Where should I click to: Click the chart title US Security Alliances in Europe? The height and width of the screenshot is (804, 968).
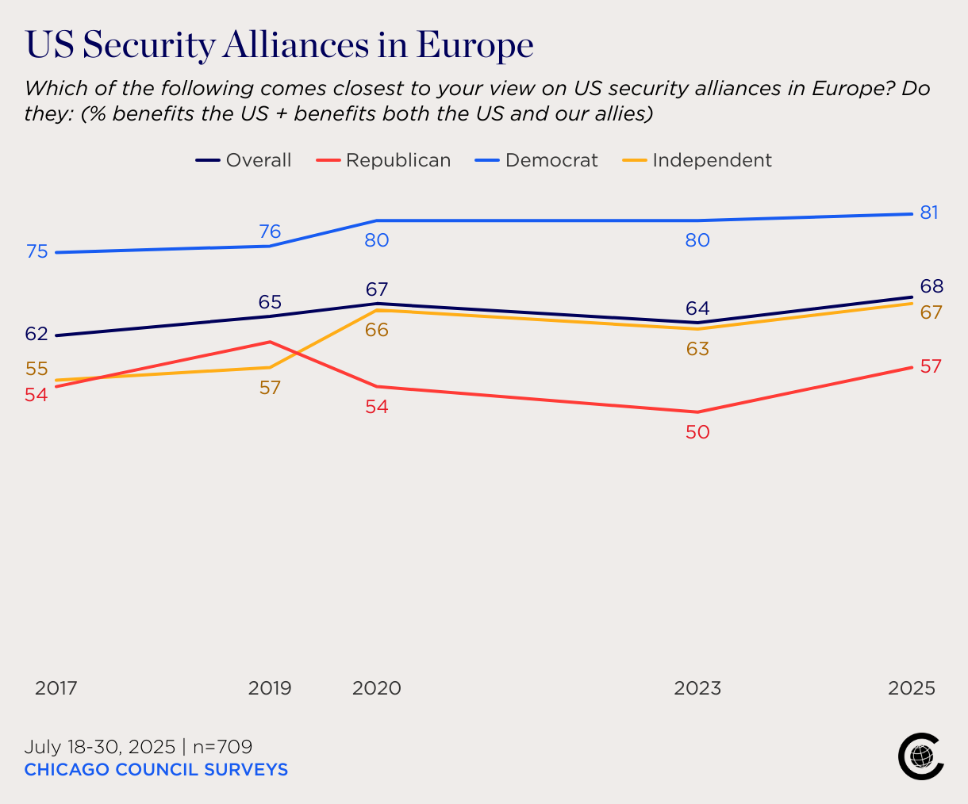coord(279,45)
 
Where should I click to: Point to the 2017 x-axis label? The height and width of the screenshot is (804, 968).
coord(56,688)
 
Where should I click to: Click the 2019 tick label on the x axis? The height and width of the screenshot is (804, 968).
coord(270,688)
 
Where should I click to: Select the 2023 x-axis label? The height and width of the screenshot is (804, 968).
coord(697,688)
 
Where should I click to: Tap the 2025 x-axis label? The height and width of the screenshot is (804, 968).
coord(912,688)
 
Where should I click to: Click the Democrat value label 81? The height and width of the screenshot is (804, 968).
coord(929,212)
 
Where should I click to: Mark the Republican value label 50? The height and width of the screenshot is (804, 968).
coord(697,432)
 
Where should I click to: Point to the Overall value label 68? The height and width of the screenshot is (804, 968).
coord(932,286)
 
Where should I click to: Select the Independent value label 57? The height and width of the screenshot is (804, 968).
coord(270,388)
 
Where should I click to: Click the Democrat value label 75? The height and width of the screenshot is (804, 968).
coord(37,251)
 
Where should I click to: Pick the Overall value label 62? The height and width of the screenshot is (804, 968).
coord(36,334)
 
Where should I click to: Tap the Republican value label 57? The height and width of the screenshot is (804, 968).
coord(930,366)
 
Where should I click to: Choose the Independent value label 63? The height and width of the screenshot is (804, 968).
coord(697,349)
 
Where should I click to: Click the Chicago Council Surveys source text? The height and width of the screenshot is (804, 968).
coord(156,769)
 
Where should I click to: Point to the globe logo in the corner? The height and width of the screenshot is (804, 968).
coord(920,756)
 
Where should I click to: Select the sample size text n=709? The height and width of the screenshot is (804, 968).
coord(222,747)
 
